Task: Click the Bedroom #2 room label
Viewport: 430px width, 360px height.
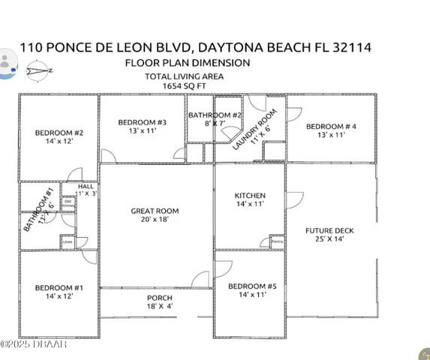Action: click(x=59, y=133)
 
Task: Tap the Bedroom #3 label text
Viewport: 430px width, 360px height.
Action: click(x=142, y=122)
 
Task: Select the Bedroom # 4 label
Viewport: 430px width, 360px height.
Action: click(x=330, y=126)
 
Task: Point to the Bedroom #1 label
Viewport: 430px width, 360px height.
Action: click(x=59, y=288)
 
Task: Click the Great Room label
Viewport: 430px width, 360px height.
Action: click(x=155, y=211)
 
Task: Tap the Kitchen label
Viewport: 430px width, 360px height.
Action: click(x=250, y=196)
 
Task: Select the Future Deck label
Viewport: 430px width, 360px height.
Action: click(x=329, y=231)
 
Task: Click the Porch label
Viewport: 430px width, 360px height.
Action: click(x=159, y=298)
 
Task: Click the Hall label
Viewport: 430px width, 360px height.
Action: click(x=86, y=186)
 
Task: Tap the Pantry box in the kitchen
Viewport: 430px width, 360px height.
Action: click(x=276, y=241)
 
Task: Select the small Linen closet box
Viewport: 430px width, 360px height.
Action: click(x=68, y=242)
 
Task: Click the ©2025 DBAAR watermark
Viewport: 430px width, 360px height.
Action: click(x=34, y=344)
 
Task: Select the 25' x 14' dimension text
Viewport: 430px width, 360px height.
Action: click(x=329, y=240)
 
